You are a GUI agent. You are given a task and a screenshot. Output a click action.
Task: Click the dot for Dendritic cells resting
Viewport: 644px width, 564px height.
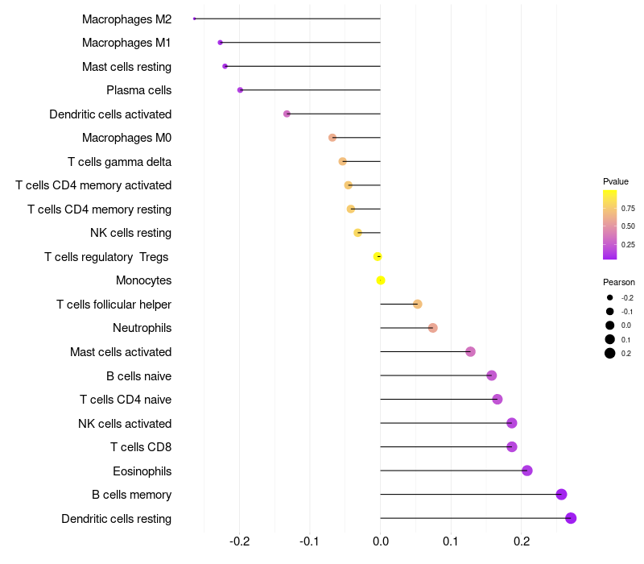click(x=571, y=518)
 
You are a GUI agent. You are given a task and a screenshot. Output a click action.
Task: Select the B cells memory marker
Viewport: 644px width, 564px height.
click(x=561, y=495)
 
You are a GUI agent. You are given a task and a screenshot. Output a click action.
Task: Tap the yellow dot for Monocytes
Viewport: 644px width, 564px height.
click(x=381, y=280)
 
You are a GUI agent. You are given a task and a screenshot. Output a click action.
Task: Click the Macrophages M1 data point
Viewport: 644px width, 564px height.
click(x=220, y=42)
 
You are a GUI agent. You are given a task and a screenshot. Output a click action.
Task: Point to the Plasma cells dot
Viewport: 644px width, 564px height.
click(x=240, y=90)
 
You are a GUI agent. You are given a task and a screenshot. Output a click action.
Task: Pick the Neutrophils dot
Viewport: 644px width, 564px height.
click(x=432, y=328)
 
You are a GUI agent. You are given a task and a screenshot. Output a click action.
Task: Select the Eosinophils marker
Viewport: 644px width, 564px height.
click(x=526, y=471)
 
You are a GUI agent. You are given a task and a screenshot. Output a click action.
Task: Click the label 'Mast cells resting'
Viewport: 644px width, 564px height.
click(x=126, y=66)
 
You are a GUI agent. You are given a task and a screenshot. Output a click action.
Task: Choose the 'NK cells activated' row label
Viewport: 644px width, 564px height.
click(x=125, y=424)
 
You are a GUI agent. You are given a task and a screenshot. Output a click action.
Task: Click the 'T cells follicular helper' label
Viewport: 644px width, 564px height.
click(x=114, y=305)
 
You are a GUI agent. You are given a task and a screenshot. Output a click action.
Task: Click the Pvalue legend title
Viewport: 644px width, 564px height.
click(x=616, y=181)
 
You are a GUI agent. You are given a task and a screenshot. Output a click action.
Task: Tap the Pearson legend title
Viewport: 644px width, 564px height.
click(x=618, y=282)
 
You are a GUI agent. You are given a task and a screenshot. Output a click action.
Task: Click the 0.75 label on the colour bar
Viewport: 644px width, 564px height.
click(x=628, y=208)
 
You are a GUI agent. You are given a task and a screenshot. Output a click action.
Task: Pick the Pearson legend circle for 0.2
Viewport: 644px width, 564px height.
click(x=610, y=353)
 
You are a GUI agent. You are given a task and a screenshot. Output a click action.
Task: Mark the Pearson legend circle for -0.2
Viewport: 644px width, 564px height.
click(x=610, y=297)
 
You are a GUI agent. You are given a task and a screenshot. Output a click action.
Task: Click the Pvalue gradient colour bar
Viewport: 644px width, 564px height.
click(x=610, y=225)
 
